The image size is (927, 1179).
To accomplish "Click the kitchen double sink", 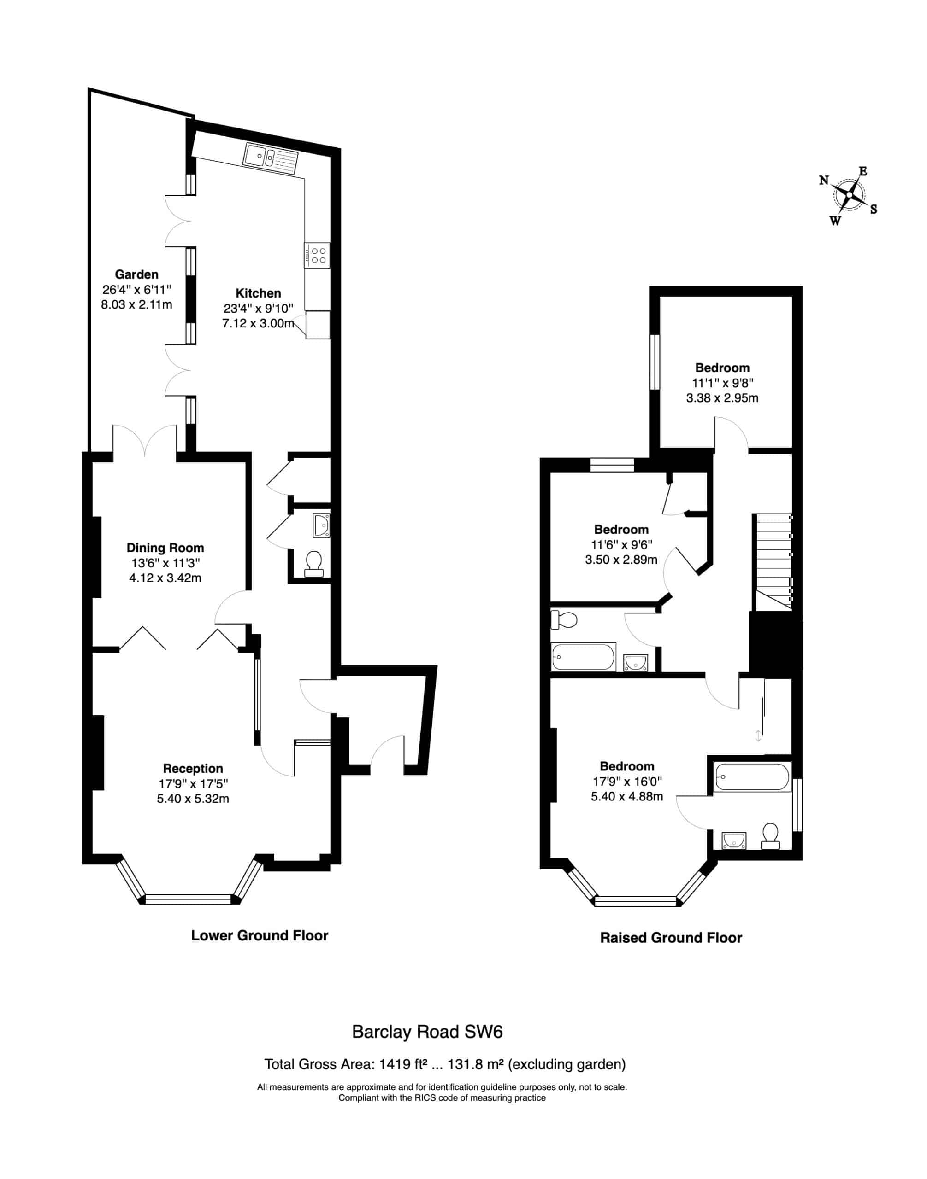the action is click(272, 158).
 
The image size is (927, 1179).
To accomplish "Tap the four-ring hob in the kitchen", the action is click(317, 255).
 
